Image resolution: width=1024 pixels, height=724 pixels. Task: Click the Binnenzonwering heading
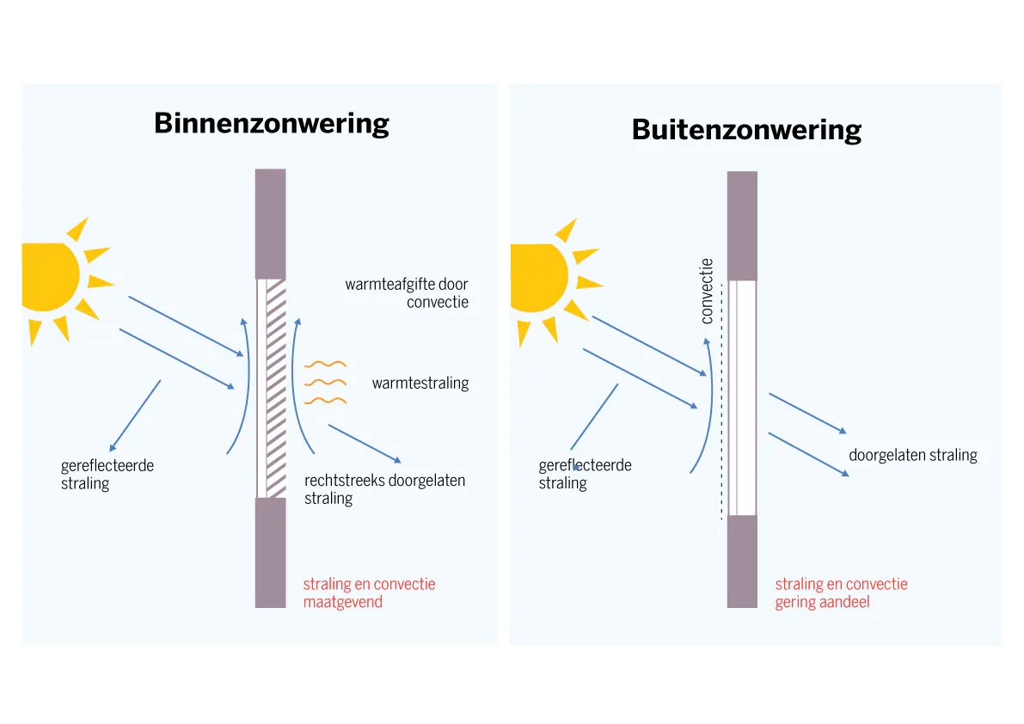(x=272, y=124)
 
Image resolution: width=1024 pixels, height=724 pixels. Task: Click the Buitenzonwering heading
(x=746, y=130)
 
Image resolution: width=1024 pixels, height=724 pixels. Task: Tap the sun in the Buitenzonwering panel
(x=539, y=278)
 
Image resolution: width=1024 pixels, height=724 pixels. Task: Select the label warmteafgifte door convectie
(x=407, y=293)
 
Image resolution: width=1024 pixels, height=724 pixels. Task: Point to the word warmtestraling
(x=420, y=383)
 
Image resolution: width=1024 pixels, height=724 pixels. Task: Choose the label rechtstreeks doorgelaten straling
(x=384, y=489)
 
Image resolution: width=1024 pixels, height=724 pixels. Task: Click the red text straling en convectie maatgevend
(x=369, y=592)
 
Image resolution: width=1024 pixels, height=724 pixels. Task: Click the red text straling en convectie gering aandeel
(x=841, y=592)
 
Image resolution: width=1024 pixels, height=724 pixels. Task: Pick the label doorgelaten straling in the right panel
(x=912, y=455)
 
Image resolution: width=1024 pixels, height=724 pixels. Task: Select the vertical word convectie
(x=707, y=291)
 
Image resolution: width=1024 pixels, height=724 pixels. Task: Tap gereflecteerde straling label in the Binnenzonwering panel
(x=107, y=475)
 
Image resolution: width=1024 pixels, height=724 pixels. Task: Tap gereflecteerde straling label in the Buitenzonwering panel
(x=585, y=474)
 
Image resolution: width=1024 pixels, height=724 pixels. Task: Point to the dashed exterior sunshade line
(x=721, y=404)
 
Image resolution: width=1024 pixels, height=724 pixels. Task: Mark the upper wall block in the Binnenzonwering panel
(x=270, y=223)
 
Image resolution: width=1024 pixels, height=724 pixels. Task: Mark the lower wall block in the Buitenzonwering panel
(x=742, y=561)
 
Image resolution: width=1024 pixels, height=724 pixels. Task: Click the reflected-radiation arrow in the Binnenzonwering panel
(x=135, y=415)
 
